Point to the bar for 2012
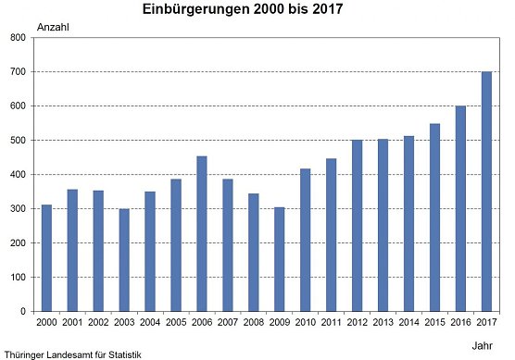click(358, 225)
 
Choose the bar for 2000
click(46, 257)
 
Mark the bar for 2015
click(434, 217)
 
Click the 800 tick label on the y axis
click(18, 38)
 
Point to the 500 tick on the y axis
click(18, 141)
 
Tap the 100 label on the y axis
click(18, 278)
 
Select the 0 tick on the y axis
click(23, 312)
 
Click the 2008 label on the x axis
click(254, 322)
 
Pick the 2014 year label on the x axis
click(408, 322)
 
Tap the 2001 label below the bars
click(72, 322)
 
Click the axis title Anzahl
click(52, 26)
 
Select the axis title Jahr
click(482, 343)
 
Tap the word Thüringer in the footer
click(23, 354)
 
